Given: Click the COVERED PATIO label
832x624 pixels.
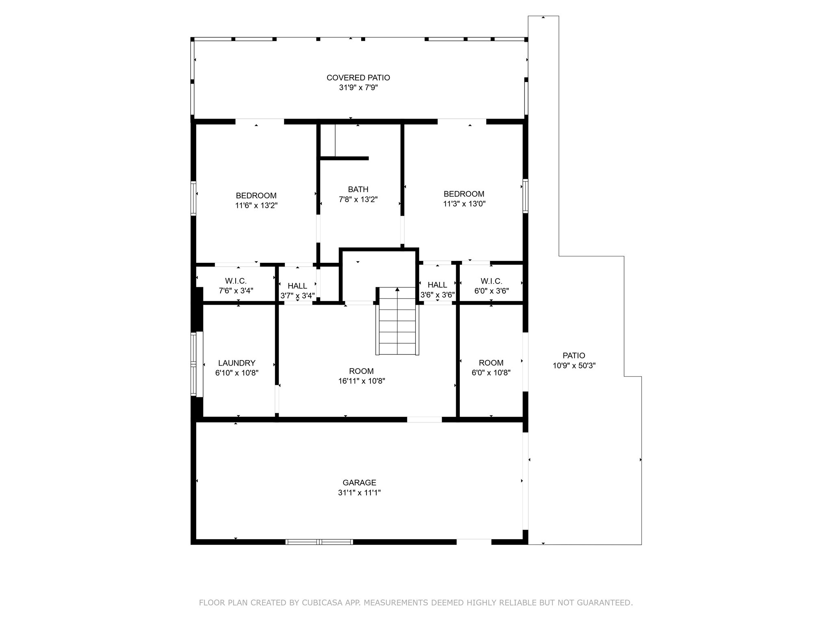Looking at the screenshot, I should pos(358,78).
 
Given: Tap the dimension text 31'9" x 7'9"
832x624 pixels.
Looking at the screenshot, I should pos(358,87).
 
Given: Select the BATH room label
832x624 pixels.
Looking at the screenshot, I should pos(358,189).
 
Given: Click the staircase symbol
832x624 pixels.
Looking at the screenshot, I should pos(397,321).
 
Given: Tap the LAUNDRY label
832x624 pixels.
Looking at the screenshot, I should pos(236,363).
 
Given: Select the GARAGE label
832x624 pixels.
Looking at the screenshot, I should pos(359,483).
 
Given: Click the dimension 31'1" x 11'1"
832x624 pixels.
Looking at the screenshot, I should pos(359,493).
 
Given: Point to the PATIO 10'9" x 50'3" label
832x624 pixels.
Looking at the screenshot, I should pos(574,360).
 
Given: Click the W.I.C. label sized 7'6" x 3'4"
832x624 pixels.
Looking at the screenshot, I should pos(236,286).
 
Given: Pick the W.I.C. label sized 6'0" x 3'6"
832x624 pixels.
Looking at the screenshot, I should pos(491,286).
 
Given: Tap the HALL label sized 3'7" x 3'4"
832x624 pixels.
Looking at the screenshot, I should pos(297,290).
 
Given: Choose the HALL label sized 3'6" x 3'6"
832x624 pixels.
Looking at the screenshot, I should pos(437,290).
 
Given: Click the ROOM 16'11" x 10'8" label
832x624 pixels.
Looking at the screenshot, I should pos(361,376).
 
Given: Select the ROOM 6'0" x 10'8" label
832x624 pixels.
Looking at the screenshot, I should pos(491,368).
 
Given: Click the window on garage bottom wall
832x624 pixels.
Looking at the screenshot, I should pos(319,542).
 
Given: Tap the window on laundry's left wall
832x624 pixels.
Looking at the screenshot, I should pos(194,364).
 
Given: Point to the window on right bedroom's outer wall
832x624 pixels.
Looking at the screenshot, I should pos(525,196).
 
